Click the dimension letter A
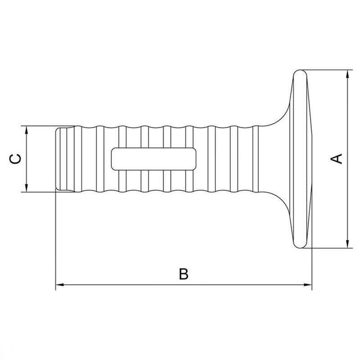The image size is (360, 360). tap(337, 158)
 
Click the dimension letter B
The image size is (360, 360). tap(183, 274)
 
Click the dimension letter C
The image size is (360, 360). tap(16, 159)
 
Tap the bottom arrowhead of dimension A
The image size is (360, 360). tap(348, 244)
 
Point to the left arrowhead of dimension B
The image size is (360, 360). tap(59, 285)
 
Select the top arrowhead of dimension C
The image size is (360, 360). tap(27, 130)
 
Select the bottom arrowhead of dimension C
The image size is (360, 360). tap(27, 189)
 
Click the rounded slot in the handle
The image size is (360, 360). tap(153, 159)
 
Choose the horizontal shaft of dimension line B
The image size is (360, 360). tap(135, 285)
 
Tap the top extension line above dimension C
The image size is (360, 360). tap(40, 126)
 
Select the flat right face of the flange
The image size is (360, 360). tap(311, 159)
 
